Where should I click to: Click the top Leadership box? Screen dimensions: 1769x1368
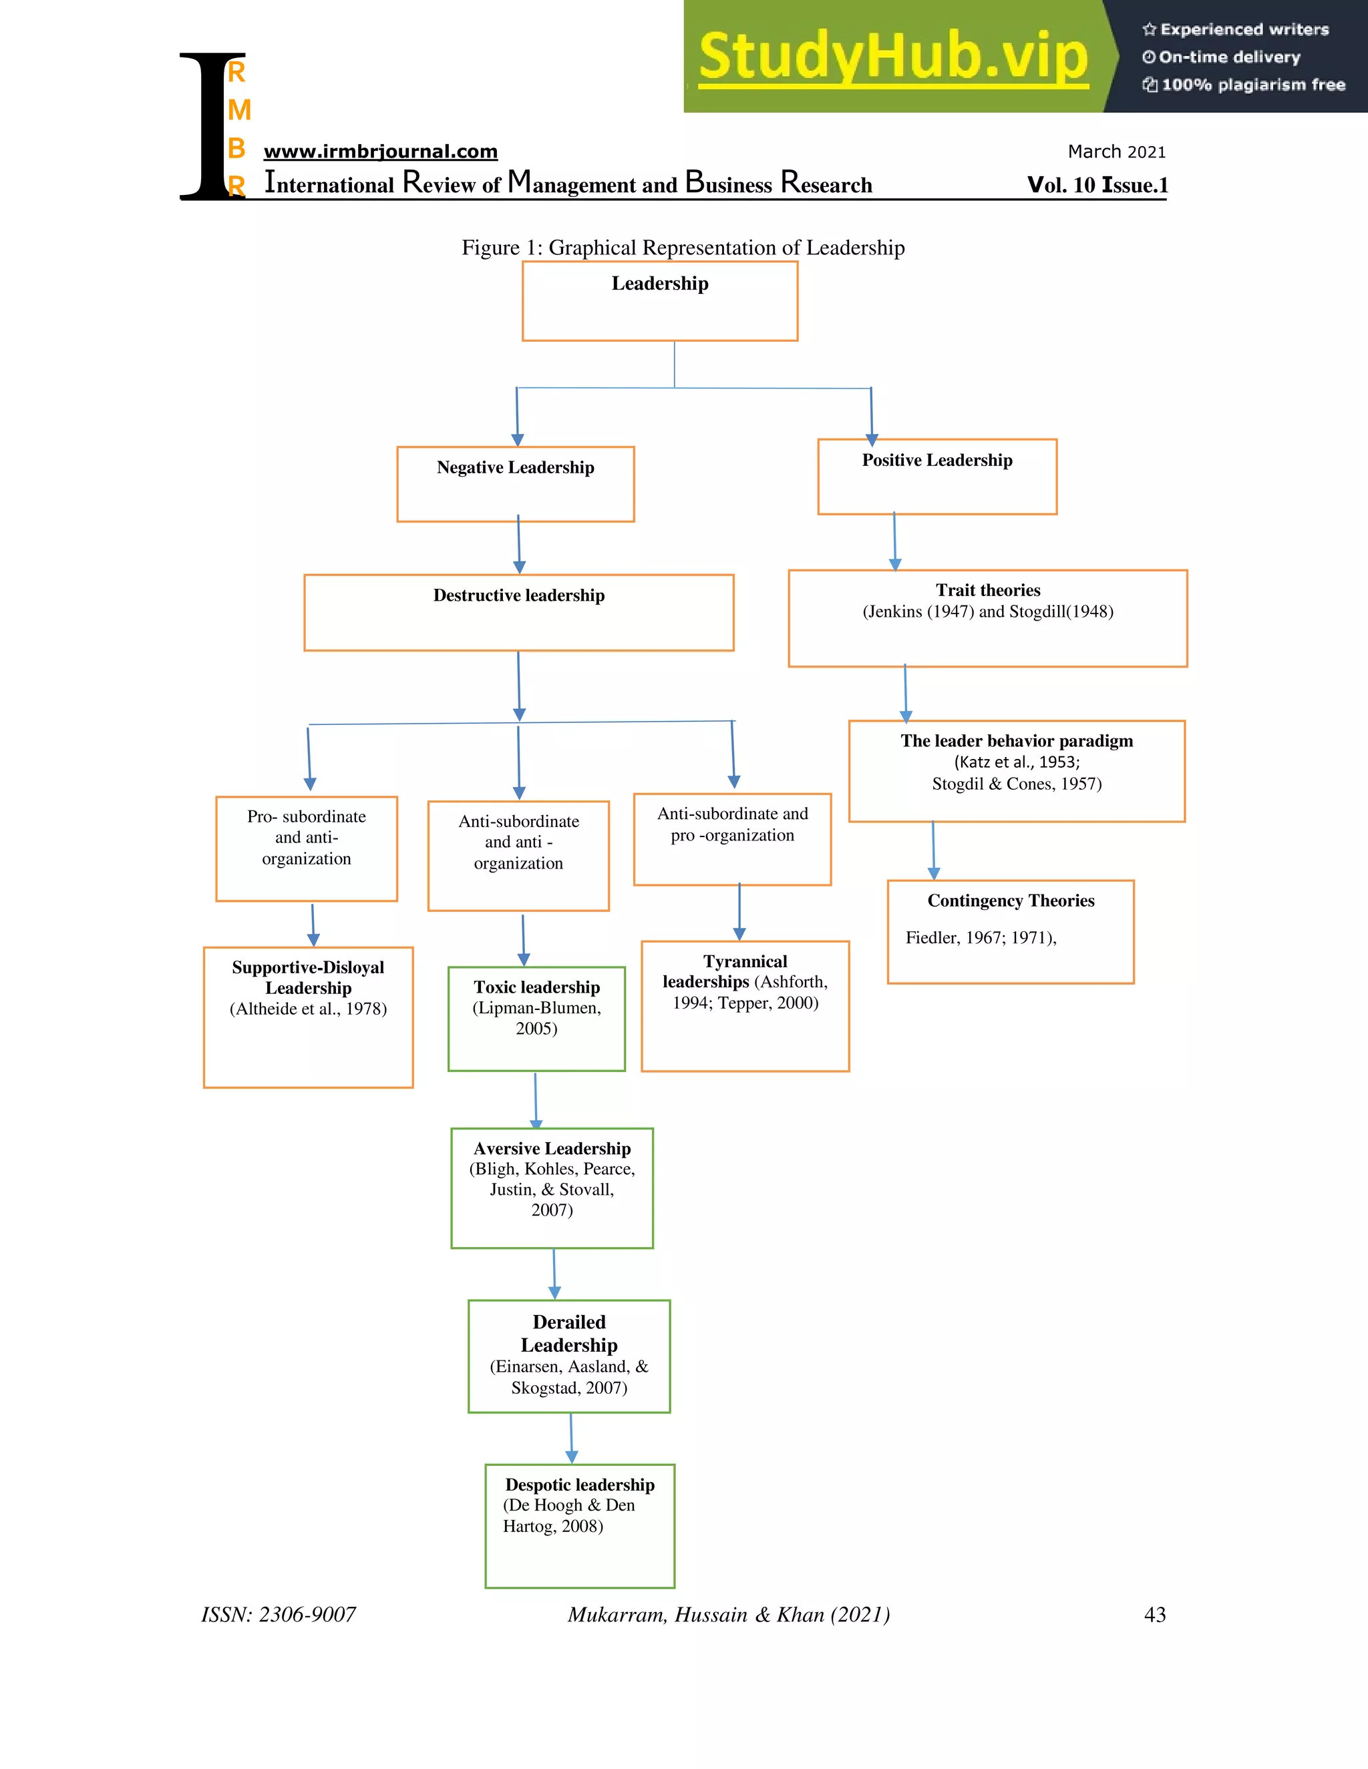660,300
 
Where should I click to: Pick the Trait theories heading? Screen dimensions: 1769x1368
988,591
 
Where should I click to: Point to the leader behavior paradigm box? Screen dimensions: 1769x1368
1016,770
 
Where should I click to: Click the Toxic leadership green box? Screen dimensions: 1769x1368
536,1018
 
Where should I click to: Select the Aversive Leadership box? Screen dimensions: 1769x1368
552,1188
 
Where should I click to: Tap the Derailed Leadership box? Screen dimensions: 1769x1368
569,1356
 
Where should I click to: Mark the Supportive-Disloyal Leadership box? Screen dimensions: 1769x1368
308,1017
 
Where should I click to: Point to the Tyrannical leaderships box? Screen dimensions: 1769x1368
745,1005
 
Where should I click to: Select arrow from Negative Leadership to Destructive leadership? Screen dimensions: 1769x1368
518,546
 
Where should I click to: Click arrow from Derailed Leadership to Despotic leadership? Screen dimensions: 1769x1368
571,1439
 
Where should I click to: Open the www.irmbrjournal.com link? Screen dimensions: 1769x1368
381,152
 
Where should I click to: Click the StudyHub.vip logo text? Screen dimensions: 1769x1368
893,57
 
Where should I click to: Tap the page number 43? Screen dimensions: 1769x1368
1154,1614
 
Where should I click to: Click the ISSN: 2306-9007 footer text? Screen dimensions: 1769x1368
279,1614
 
